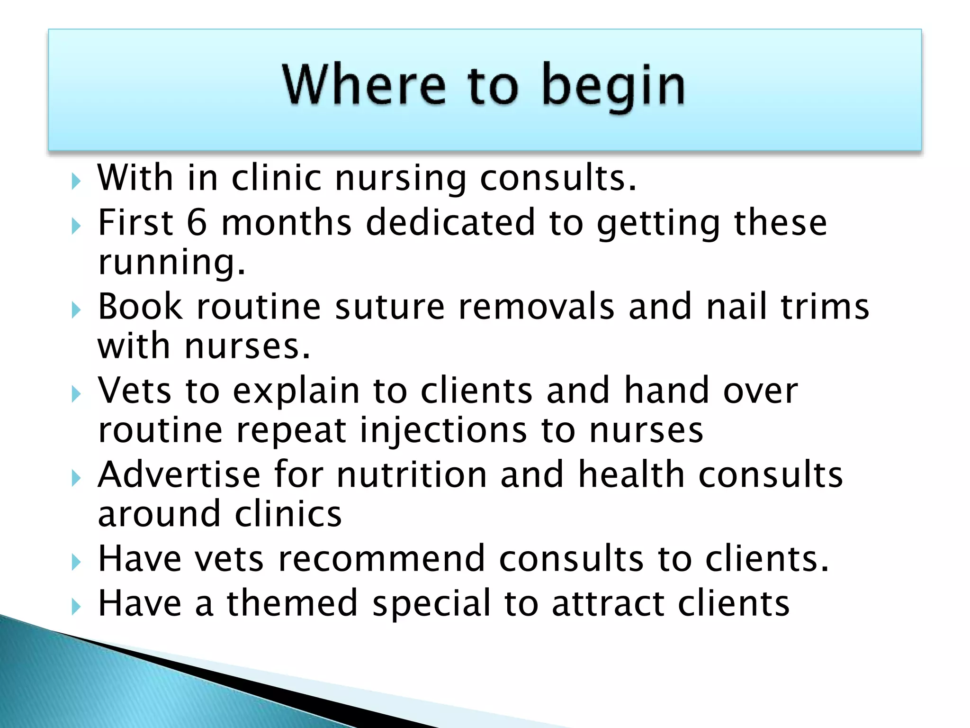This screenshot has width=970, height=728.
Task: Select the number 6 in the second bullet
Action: [x=197, y=223]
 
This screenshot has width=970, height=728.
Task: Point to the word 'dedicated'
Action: [x=450, y=223]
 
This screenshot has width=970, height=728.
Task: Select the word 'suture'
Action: [x=390, y=307]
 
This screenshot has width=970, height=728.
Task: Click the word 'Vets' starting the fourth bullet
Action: [x=135, y=391]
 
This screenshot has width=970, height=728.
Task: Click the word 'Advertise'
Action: [x=179, y=475]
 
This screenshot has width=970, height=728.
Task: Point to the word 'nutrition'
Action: [x=412, y=475]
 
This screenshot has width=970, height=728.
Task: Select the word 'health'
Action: [x=631, y=475]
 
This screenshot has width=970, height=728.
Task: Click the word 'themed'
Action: [x=292, y=603]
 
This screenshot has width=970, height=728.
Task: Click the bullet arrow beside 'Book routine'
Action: [x=76, y=310]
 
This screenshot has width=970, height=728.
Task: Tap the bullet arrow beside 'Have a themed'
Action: [x=76, y=607]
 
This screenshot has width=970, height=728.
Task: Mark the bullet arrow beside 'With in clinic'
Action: [x=76, y=182]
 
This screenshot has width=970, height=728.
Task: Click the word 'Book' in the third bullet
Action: [x=140, y=307]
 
